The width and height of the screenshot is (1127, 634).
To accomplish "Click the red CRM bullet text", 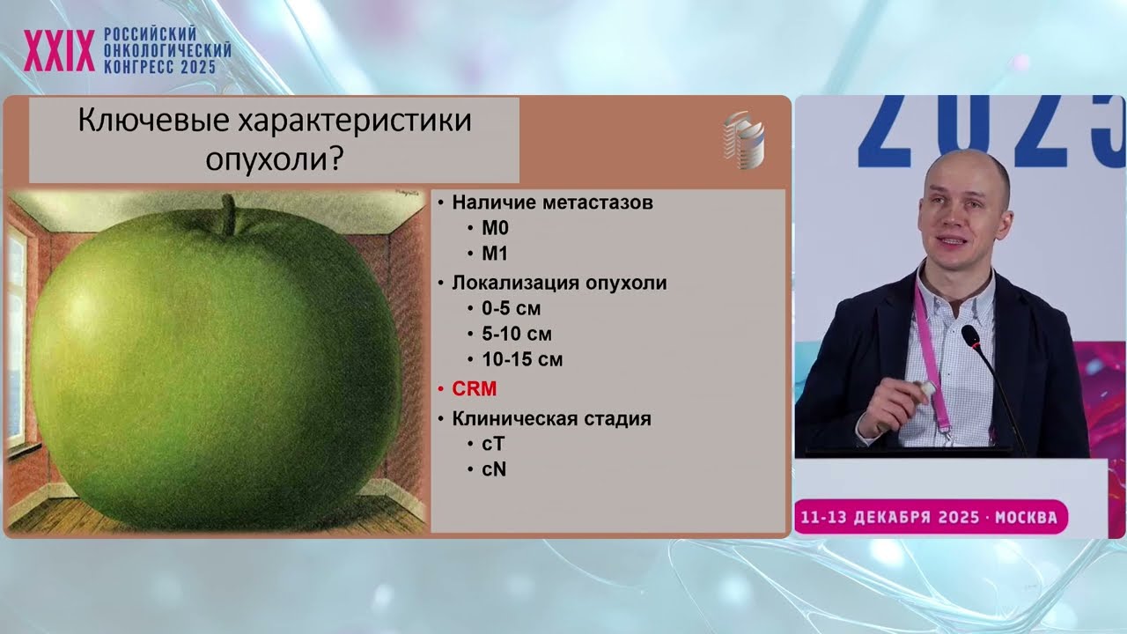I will tap(474, 388).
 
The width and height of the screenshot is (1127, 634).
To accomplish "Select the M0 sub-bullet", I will tap(495, 228).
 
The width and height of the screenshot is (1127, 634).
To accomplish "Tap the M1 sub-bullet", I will tap(495, 254).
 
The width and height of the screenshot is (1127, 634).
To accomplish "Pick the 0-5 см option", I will tap(511, 309).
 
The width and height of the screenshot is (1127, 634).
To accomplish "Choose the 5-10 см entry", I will tap(517, 335).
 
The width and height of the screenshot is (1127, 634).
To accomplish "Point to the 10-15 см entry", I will tap(522, 359).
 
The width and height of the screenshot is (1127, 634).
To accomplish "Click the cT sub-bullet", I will tap(493, 444).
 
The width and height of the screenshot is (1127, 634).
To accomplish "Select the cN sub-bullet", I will tap(494, 469).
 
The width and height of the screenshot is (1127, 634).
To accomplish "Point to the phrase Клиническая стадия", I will tap(551, 419).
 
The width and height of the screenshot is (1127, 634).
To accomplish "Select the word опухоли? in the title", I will tap(274, 159).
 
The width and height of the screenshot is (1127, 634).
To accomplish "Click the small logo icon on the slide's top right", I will tap(743, 141).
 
